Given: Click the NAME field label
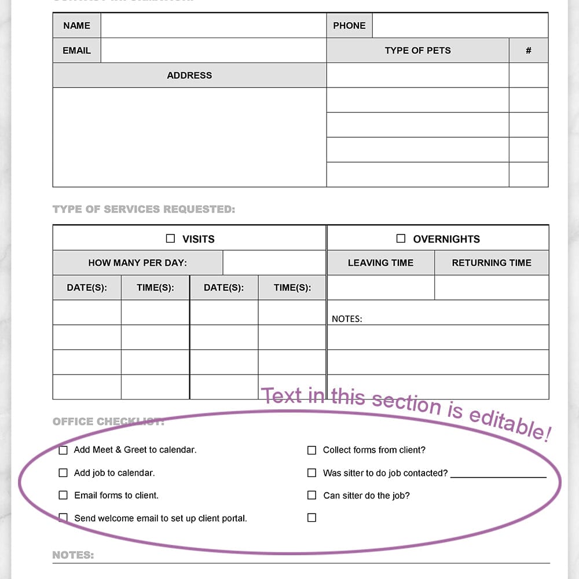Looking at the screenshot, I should [x=76, y=25].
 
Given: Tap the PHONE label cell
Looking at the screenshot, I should [x=349, y=25].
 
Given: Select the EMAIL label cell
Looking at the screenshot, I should [x=76, y=50].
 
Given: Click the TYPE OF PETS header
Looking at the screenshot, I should [x=417, y=50].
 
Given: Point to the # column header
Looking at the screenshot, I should [x=528, y=50].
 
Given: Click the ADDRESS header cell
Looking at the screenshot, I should [x=189, y=75].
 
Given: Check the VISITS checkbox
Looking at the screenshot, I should [x=170, y=239].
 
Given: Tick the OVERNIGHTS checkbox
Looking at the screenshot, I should [x=401, y=239].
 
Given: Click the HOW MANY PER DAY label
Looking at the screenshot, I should [x=137, y=263].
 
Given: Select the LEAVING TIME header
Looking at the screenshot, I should [x=380, y=263].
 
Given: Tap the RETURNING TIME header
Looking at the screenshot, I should [x=492, y=263].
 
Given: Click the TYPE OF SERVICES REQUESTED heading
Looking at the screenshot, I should [x=144, y=209].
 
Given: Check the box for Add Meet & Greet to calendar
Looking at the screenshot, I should [x=63, y=450].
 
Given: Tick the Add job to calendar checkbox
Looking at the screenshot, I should [x=63, y=472].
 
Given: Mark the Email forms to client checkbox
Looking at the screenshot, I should [x=63, y=495].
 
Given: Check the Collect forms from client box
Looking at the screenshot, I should [x=312, y=450].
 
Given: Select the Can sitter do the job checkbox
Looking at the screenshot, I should [x=312, y=495].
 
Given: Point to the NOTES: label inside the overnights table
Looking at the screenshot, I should [x=347, y=318].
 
